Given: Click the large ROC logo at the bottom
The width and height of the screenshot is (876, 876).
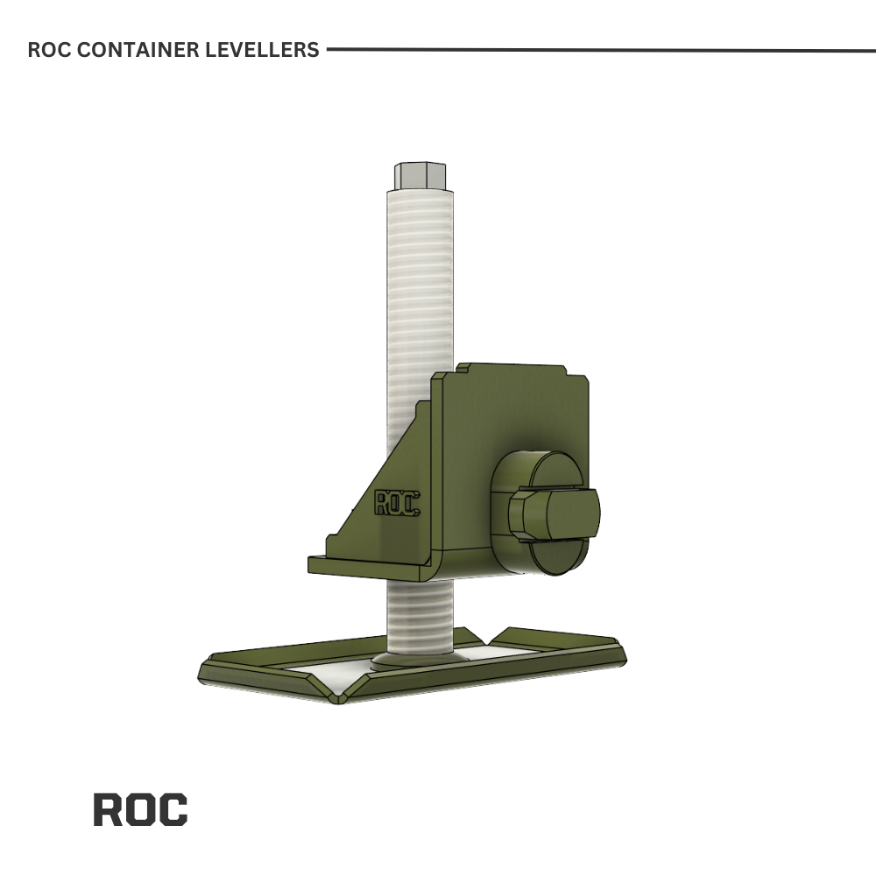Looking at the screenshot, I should [x=140, y=809].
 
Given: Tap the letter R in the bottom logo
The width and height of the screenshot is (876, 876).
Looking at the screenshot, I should [x=109, y=809].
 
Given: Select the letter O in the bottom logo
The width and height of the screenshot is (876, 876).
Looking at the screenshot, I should [x=141, y=809].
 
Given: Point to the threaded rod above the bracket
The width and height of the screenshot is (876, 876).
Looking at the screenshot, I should [x=420, y=280].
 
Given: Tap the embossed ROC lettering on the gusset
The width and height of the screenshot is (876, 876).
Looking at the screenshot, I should [x=398, y=503].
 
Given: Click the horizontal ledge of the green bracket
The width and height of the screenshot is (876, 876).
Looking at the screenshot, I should [x=368, y=568].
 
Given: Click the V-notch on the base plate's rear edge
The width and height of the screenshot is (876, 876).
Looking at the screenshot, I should [x=484, y=634].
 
